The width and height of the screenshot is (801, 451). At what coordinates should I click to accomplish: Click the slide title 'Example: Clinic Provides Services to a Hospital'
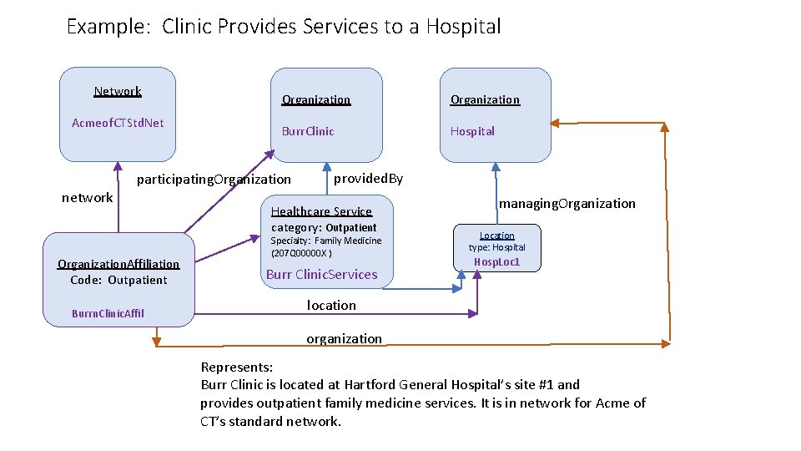(x=284, y=27)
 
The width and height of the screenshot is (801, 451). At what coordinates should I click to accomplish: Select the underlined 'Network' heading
(x=118, y=91)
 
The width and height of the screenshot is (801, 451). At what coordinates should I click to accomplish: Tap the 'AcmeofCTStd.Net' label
(x=118, y=123)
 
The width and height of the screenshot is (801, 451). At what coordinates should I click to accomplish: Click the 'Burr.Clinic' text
(x=308, y=131)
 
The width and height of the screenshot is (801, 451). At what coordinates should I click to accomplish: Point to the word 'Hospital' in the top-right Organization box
(x=472, y=131)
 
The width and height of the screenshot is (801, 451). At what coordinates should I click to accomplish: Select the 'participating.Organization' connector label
(x=214, y=179)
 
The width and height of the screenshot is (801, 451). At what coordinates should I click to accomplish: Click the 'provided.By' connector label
(x=368, y=178)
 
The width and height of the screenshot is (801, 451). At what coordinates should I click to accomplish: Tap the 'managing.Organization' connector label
(x=567, y=203)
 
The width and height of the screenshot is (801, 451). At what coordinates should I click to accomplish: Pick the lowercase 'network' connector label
(x=88, y=197)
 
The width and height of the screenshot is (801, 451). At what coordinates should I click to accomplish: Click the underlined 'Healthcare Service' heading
(x=321, y=211)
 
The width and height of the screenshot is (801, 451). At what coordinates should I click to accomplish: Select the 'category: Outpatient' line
(x=324, y=227)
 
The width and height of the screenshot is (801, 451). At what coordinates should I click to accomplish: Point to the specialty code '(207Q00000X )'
(x=301, y=253)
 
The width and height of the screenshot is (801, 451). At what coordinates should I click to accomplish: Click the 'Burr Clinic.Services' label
(x=321, y=274)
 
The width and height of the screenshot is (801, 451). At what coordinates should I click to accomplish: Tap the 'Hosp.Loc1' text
(x=496, y=261)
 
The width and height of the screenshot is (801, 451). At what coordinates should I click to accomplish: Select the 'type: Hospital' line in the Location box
(x=496, y=247)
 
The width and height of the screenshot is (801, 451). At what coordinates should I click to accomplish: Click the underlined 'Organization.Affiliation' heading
(x=118, y=264)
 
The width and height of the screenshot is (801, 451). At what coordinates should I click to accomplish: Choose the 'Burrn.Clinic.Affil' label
(x=108, y=313)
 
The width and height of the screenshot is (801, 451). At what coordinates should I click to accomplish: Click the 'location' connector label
(x=331, y=305)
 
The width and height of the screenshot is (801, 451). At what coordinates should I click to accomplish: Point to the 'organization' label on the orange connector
(x=344, y=338)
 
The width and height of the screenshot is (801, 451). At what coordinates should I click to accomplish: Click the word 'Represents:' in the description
(x=237, y=367)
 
